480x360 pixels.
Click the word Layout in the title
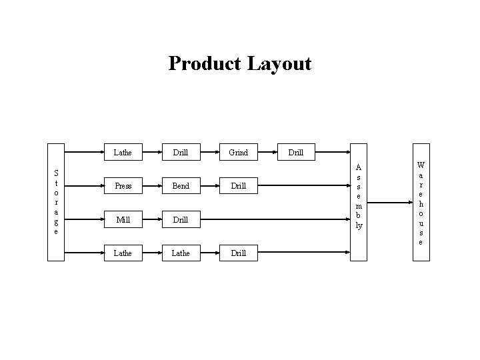click(x=279, y=63)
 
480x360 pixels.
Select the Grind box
click(x=238, y=153)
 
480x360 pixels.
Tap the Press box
click(x=123, y=186)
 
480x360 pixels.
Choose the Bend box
click(x=181, y=186)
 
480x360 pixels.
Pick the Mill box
click(x=123, y=219)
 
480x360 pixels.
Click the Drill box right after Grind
click(x=296, y=153)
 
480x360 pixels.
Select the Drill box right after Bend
click(x=238, y=186)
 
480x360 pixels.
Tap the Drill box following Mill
click(x=181, y=219)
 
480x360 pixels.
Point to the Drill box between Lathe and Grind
click(x=181, y=153)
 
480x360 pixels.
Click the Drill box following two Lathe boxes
click(x=238, y=253)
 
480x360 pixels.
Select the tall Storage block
click(x=56, y=203)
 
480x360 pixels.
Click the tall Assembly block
click(x=359, y=203)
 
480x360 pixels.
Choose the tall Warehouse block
click(x=420, y=203)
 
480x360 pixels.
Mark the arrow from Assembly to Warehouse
click(x=389, y=203)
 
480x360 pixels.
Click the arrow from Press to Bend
click(x=152, y=186)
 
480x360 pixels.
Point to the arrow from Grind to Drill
click(x=267, y=153)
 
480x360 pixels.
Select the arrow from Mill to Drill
click(x=152, y=219)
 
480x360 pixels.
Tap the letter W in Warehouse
click(x=420, y=164)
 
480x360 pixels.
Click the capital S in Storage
click(x=56, y=173)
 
